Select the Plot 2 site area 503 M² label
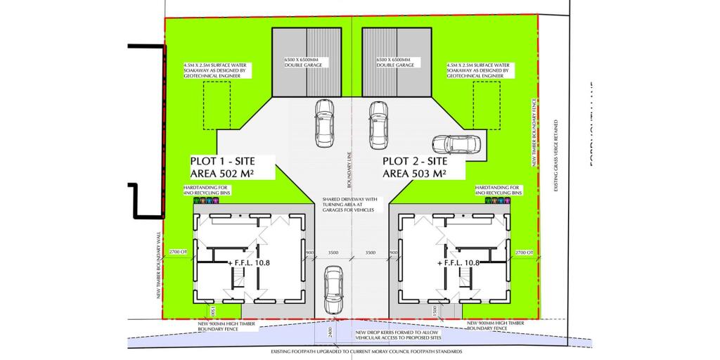click(x=423, y=167)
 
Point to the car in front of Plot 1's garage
click(x=324, y=122)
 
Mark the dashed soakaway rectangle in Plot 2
click(x=487, y=105)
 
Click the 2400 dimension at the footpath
click(x=328, y=331)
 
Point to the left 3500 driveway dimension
click(x=333, y=252)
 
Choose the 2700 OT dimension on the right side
click(x=525, y=252)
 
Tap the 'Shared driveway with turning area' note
click(x=350, y=204)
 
